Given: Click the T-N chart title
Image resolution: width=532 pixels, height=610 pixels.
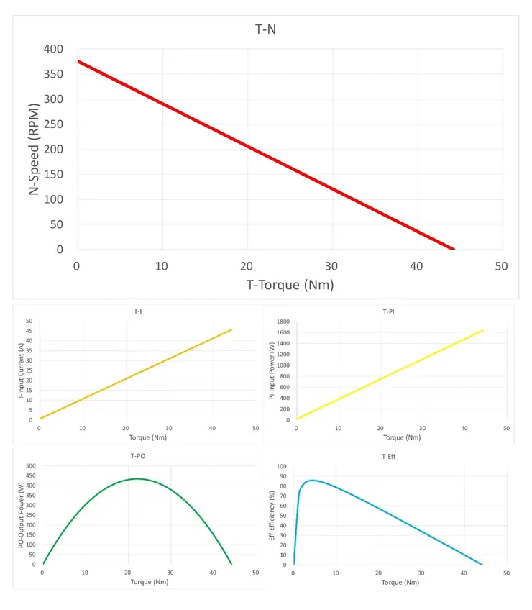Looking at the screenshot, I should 265,30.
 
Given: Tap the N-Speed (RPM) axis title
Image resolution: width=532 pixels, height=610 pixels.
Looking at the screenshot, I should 34,149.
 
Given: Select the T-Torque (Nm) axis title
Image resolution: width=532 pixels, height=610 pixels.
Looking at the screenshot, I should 290,285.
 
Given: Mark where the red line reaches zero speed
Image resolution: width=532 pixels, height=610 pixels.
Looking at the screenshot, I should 453,249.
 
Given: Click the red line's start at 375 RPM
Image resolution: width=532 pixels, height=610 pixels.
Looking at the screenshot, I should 78,62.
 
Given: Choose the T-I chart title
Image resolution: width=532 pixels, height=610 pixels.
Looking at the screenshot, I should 137,311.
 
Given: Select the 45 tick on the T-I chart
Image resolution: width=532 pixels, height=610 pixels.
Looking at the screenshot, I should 29,330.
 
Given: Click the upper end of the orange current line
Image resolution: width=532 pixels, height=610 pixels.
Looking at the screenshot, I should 231,330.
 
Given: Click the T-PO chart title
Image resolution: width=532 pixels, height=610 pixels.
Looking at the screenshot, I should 139,455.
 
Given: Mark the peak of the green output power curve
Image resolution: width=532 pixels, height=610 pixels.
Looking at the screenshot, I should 137,478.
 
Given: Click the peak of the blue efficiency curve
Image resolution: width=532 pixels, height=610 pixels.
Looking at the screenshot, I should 311,480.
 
